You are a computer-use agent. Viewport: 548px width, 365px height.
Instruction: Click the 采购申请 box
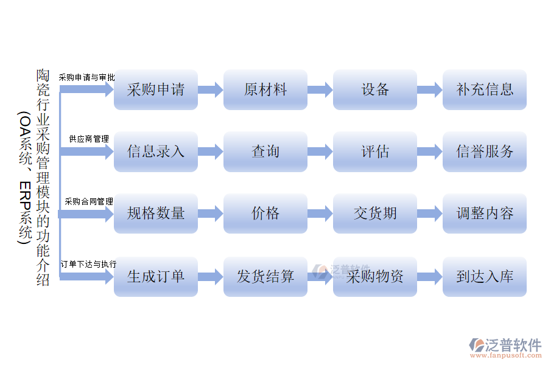(x=155, y=89)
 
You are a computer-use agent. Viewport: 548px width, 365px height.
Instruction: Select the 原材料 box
(x=265, y=89)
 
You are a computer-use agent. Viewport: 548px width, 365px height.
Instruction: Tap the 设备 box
(x=374, y=89)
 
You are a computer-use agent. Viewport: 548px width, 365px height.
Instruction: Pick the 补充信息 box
(x=484, y=89)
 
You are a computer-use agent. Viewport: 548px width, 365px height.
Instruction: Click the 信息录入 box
(x=155, y=151)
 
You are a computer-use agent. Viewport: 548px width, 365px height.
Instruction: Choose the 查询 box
(x=265, y=151)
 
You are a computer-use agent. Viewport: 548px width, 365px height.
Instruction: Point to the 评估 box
(x=374, y=151)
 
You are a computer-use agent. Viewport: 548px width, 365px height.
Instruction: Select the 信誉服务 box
(x=484, y=151)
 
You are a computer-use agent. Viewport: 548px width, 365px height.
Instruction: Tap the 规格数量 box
(x=155, y=214)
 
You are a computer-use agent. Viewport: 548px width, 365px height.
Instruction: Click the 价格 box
(x=265, y=214)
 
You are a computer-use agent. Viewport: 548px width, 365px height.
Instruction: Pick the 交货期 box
(x=374, y=214)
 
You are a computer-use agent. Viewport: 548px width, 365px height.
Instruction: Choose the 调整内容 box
(x=484, y=214)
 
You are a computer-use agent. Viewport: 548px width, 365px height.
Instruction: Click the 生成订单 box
(x=155, y=277)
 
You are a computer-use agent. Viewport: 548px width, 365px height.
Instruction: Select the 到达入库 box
(x=484, y=277)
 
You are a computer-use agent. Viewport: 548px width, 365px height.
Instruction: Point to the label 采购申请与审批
(x=86, y=77)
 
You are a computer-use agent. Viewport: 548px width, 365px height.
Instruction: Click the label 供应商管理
(x=89, y=139)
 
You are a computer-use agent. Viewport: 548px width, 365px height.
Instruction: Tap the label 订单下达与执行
(x=88, y=264)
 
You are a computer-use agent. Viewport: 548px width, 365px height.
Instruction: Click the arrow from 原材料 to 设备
(x=320, y=90)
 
